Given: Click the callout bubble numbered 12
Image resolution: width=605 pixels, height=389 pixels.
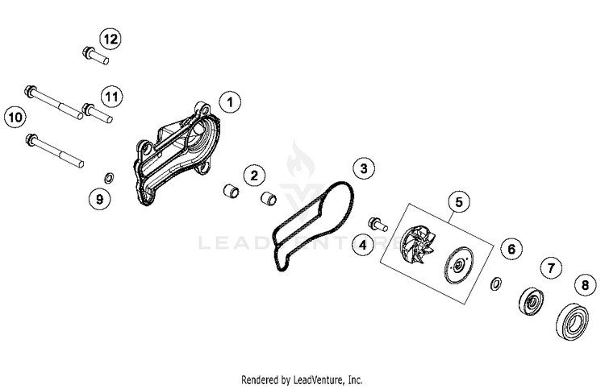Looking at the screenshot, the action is [x=111, y=39].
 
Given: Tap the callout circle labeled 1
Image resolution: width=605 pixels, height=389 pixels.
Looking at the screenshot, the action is [x=231, y=102].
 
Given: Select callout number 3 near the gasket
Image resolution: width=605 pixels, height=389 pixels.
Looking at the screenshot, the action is [x=364, y=168].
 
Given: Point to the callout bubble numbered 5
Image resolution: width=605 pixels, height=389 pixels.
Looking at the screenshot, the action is [x=459, y=202].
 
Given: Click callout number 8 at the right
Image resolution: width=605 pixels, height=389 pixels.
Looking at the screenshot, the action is [x=586, y=285].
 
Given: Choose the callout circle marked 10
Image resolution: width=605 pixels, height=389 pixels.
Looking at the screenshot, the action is [x=15, y=117].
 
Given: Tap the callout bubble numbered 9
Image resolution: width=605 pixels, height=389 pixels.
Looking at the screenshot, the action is [x=99, y=199].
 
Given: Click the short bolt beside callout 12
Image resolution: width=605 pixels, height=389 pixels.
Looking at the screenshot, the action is [x=96, y=56].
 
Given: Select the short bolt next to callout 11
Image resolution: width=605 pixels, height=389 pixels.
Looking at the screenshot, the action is [x=98, y=112].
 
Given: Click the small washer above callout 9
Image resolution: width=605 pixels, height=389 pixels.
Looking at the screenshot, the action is [x=109, y=178].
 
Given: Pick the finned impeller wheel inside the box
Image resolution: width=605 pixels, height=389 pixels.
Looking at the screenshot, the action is [x=418, y=244].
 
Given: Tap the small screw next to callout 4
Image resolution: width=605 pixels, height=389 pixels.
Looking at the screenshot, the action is [x=378, y=224].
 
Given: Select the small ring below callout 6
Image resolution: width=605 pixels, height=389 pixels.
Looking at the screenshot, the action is [x=496, y=283].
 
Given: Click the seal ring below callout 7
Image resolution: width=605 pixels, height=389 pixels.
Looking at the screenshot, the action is [x=532, y=300].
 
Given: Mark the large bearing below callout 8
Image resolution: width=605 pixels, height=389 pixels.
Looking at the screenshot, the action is [x=573, y=322].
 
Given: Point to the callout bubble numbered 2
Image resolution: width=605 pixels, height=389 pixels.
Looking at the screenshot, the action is [x=254, y=176].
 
